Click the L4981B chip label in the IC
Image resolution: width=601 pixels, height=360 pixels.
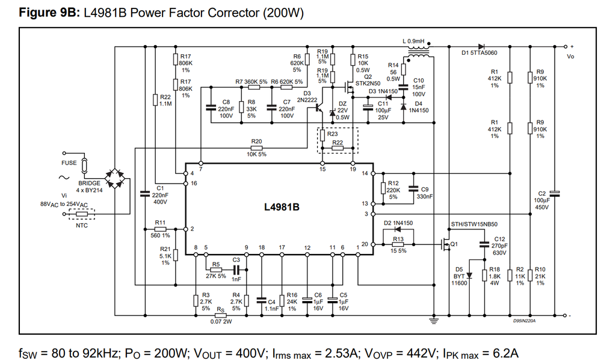click(282, 207)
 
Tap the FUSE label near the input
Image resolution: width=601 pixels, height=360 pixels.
click(69, 163)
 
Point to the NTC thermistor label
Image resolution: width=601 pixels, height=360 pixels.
click(82, 225)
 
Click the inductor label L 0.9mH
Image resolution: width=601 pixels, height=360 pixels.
click(413, 42)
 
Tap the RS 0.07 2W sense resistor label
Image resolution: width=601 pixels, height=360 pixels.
click(221, 315)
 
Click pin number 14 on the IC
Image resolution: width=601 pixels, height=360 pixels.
click(365, 174)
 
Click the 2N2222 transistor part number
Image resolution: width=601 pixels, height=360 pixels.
click(307, 101)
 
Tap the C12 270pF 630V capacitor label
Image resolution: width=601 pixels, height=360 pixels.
click(500, 243)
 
